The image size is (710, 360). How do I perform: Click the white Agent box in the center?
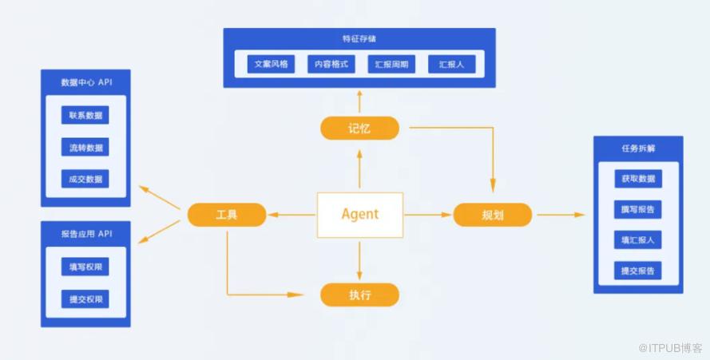(360, 215)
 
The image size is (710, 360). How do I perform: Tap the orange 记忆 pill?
(359, 129)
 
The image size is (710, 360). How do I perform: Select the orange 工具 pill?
(227, 215)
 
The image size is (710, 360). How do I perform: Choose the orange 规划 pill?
(493, 215)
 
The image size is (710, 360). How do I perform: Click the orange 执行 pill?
(359, 295)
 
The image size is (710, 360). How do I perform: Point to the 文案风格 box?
(271, 64)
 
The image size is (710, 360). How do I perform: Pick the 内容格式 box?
(331, 64)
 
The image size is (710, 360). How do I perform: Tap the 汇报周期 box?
(391, 64)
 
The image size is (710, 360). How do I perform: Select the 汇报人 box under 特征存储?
(452, 64)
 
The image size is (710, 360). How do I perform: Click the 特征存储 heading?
(359, 38)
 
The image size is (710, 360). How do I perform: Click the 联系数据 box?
(85, 115)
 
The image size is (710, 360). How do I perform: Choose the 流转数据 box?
(85, 147)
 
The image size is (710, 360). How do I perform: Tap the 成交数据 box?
(85, 179)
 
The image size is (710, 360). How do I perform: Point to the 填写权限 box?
(85, 267)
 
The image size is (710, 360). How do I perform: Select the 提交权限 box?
(85, 299)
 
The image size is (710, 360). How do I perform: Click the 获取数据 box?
(638, 179)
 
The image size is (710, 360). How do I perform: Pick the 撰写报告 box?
(638, 209)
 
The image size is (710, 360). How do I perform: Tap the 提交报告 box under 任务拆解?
(638, 271)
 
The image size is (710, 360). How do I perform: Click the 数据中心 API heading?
(86, 82)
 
